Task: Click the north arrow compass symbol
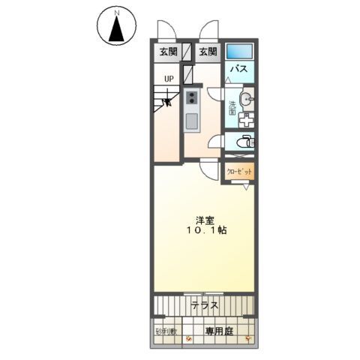116,28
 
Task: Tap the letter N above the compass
116,13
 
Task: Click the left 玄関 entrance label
166,52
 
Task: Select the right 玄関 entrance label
208,52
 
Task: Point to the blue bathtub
240,52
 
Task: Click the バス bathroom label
238,70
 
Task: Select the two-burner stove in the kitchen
191,97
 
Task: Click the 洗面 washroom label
232,107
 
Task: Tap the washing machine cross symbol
245,118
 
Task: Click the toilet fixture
244,141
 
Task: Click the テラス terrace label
204,306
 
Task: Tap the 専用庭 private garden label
218,330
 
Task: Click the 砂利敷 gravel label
166,330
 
